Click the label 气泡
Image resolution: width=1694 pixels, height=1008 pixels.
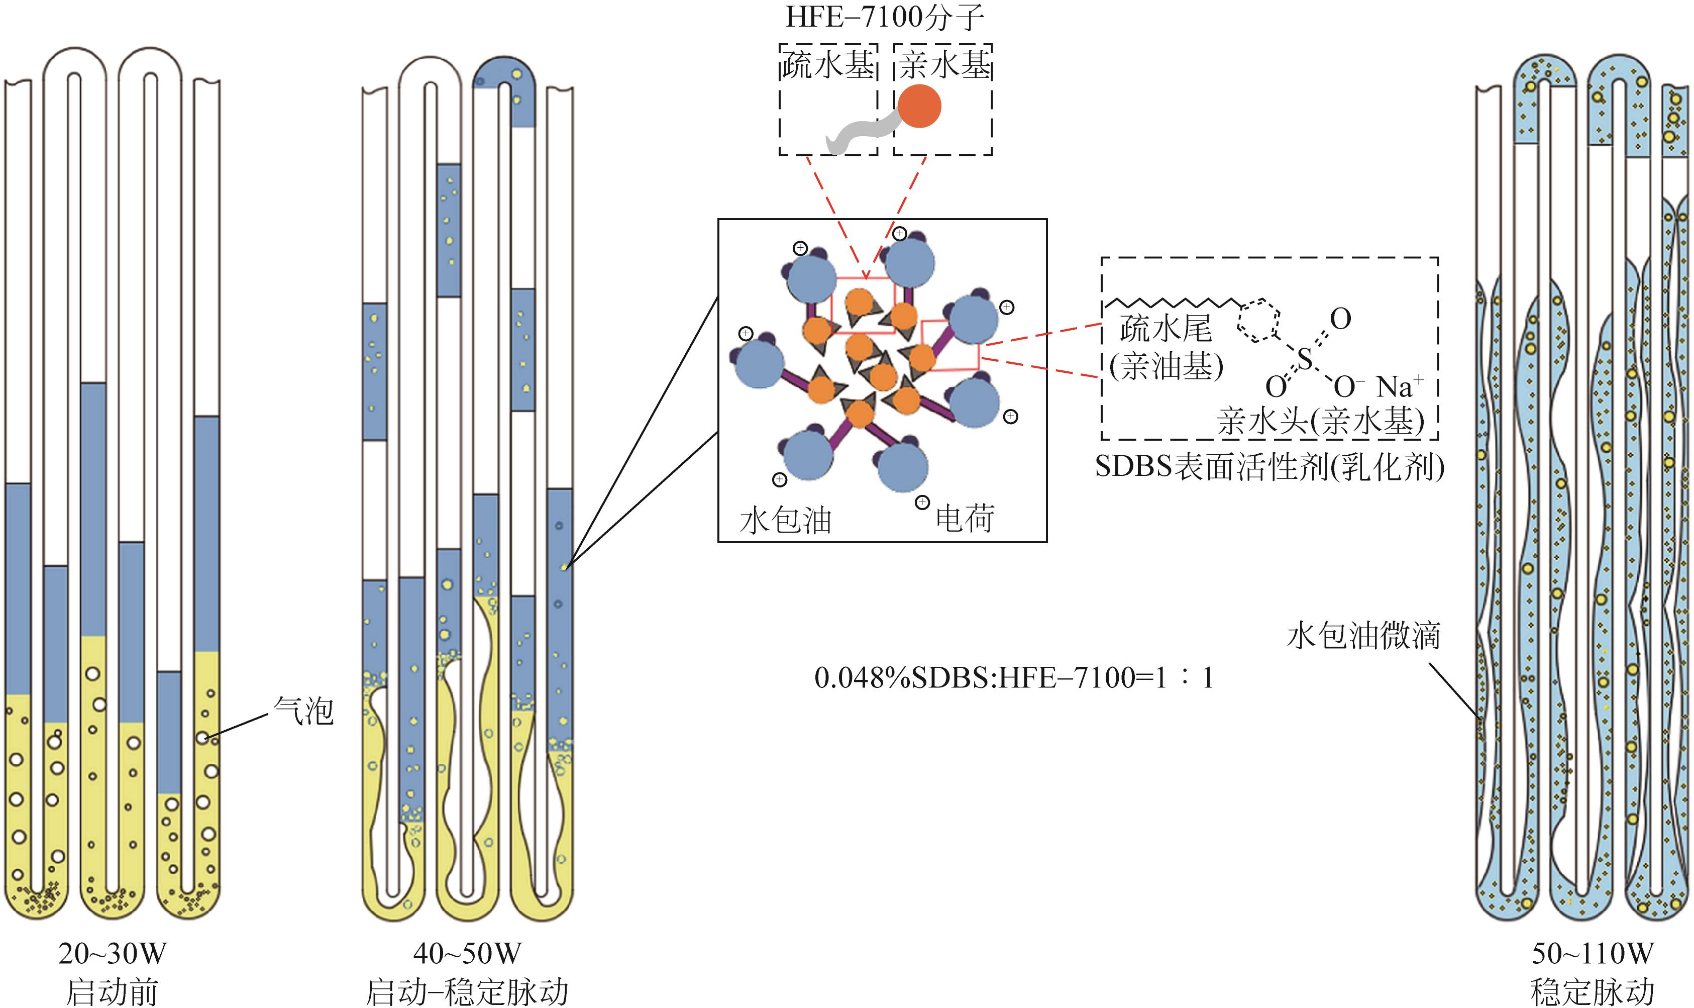(x=303, y=711)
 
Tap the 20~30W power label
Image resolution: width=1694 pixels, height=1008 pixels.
(x=112, y=954)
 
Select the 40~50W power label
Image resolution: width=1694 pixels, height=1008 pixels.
(x=467, y=954)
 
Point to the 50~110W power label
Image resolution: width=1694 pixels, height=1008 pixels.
(x=1592, y=954)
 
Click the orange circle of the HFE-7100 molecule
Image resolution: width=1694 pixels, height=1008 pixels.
(x=919, y=107)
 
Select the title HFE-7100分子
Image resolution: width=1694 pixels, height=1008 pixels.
(x=884, y=18)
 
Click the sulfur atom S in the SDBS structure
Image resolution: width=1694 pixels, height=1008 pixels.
(x=1304, y=358)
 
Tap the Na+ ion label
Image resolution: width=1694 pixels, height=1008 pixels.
(x=1400, y=386)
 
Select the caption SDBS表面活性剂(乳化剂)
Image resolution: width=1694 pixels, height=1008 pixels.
(x=1269, y=467)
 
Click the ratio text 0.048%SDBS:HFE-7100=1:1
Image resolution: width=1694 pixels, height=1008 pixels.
(x=1013, y=678)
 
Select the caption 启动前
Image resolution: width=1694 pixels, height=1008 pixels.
(x=112, y=992)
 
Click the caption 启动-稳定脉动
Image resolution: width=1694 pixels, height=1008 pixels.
(x=467, y=992)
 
